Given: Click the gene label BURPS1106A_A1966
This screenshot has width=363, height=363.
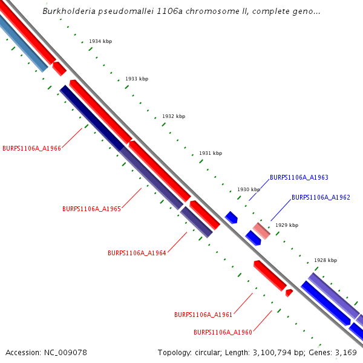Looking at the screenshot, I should (x=31, y=148).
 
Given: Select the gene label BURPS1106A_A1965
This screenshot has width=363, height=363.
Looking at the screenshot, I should (x=91, y=209).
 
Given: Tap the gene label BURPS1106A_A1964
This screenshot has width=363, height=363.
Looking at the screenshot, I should (x=137, y=253).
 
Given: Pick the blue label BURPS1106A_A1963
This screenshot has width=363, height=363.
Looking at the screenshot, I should (x=299, y=178).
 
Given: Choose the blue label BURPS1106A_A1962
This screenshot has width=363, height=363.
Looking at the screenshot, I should (x=321, y=198).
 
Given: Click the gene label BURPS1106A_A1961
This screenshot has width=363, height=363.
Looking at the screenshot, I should (x=203, y=315).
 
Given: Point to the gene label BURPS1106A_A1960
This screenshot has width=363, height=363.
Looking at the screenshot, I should (x=223, y=332).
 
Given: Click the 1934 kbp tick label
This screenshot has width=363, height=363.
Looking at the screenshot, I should (x=100, y=42).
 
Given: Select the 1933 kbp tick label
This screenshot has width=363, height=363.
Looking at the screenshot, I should (x=137, y=79).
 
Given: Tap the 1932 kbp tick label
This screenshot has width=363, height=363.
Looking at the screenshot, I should (x=174, y=116).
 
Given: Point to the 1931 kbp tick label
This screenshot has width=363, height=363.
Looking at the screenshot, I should (x=211, y=154).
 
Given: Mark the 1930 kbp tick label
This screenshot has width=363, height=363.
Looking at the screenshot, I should (x=249, y=189).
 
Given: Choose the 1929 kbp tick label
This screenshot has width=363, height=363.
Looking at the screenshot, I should (x=287, y=225).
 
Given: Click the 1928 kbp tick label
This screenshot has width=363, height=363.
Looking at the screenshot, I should (x=325, y=260).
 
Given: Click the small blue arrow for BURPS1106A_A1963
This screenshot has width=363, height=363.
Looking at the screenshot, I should (x=231, y=217).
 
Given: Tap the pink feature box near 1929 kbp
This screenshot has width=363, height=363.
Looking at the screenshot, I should (x=261, y=231).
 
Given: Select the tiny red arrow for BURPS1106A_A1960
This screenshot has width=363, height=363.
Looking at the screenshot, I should (x=289, y=293).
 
